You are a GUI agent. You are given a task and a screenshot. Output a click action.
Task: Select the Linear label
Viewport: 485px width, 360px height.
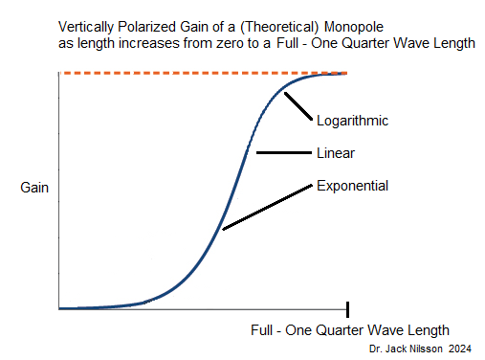point(336,152)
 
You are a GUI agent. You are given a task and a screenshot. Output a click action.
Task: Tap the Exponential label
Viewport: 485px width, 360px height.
point(352,185)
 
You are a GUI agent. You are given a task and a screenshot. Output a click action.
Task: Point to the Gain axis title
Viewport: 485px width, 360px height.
point(34,188)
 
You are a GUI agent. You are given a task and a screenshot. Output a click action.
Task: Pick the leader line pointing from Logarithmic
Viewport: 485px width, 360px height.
point(301,104)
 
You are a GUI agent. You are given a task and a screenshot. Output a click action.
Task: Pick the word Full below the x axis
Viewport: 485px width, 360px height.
point(264,329)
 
